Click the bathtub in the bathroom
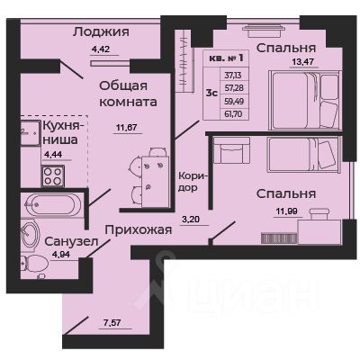click(51, 206)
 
